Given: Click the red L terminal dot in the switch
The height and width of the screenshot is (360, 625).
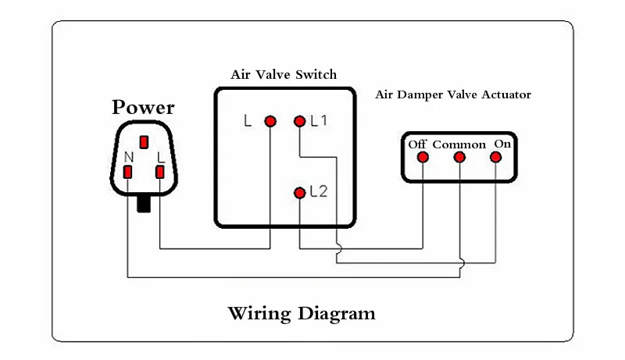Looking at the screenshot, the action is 270,121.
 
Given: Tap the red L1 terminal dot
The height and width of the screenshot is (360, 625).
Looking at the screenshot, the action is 299,121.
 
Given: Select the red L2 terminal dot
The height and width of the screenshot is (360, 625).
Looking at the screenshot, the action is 299,193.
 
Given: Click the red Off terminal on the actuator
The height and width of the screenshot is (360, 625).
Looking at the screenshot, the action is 423,157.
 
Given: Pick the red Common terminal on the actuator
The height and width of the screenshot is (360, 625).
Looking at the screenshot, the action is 459,157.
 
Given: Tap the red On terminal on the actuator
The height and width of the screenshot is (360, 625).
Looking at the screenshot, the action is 496,157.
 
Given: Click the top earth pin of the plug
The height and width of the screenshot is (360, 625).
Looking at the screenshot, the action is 144,142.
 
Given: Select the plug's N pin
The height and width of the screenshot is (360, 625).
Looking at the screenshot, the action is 127,172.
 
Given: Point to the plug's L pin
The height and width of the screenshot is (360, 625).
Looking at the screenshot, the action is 160,172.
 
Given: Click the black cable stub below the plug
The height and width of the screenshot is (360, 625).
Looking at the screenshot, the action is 144,204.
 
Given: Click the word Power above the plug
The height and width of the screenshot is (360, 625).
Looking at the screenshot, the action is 143,107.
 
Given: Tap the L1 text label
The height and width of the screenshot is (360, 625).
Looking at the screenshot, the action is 319,121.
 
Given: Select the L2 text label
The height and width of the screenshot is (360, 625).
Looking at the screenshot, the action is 319,191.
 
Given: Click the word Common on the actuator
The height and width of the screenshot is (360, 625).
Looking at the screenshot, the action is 459,144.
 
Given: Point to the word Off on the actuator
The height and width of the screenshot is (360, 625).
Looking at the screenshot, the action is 417,144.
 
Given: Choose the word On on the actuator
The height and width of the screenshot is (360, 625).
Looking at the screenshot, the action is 502,144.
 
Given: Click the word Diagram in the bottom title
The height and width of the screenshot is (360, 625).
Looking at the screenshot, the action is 337,314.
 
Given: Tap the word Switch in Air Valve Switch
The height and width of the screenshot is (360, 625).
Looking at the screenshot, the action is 316,74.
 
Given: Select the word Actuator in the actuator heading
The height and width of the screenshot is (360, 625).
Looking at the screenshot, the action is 506,94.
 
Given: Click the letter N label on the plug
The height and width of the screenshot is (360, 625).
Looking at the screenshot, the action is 129,157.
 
